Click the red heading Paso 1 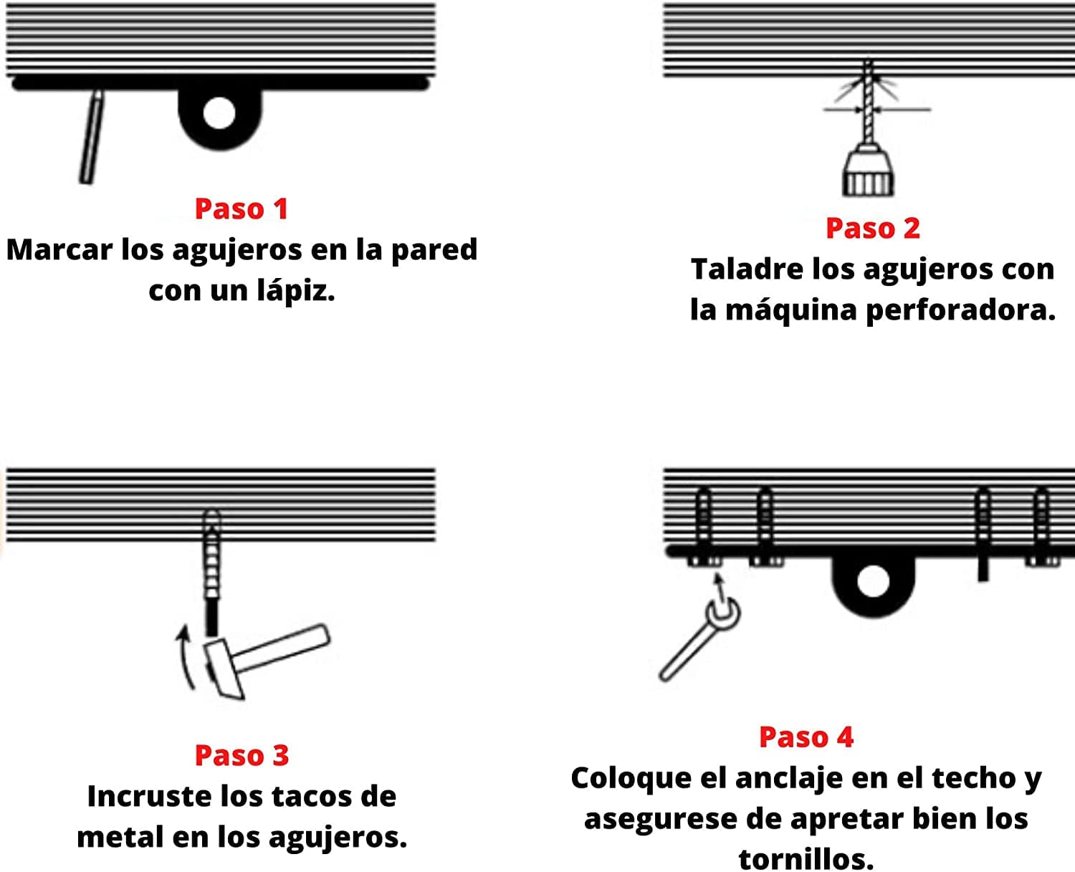pyautogui.click(x=241, y=209)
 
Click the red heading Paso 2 pyautogui.click(x=872, y=228)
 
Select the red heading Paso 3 pyautogui.click(x=242, y=755)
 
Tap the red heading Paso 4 pyautogui.click(x=806, y=737)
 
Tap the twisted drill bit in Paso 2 pyautogui.click(x=869, y=107)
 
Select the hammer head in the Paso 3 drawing pyautogui.click(x=224, y=669)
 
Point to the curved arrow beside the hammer pyautogui.click(x=185, y=656)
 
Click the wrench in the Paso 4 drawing pyautogui.click(x=699, y=641)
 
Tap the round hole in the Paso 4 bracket pyautogui.click(x=872, y=580)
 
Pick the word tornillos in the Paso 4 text pyautogui.click(x=806, y=858)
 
